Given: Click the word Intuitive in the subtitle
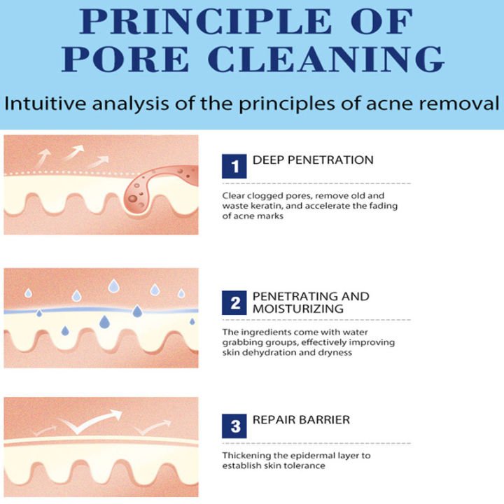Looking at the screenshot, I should (x=48, y=105).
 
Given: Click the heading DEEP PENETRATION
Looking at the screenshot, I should (x=312, y=160).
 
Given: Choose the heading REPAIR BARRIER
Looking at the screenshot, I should (x=302, y=420).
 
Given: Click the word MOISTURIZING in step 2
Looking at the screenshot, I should (x=293, y=309).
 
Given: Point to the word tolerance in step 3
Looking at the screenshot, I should (x=306, y=466).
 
